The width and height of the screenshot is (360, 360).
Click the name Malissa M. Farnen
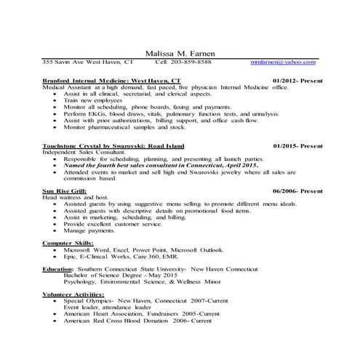point(180,53)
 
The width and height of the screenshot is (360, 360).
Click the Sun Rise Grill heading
point(65,191)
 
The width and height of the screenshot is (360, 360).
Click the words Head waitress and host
point(77,197)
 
